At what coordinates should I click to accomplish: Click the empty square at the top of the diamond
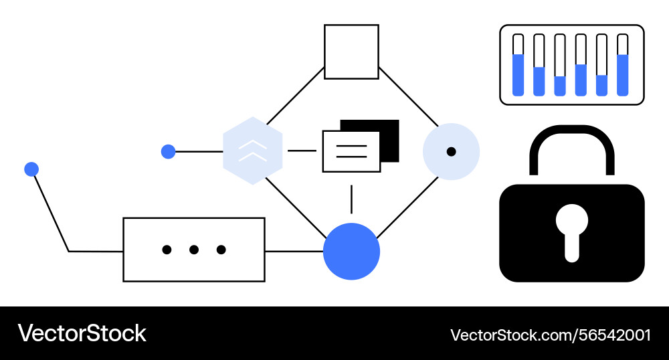[x=351, y=52]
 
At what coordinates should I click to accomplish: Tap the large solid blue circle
[x=351, y=252]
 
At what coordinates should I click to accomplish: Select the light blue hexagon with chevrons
[x=253, y=151]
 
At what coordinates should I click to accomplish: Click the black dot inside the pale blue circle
[x=452, y=152]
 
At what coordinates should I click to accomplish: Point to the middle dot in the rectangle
[x=194, y=250]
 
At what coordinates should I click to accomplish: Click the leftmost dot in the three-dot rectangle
[x=167, y=250]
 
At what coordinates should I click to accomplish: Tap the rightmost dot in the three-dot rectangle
[x=221, y=250]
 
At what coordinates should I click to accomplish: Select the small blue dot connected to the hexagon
[x=168, y=152]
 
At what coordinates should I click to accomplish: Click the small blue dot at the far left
[x=31, y=169]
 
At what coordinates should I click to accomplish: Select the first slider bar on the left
[x=518, y=65]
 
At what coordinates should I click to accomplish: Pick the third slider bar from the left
[x=560, y=65]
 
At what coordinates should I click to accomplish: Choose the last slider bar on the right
[x=623, y=65]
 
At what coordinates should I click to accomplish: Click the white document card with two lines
[x=351, y=151]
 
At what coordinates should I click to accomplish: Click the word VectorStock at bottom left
[x=82, y=333]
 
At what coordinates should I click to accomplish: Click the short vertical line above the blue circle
[x=351, y=199]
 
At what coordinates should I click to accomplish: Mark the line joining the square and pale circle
[x=409, y=97]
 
